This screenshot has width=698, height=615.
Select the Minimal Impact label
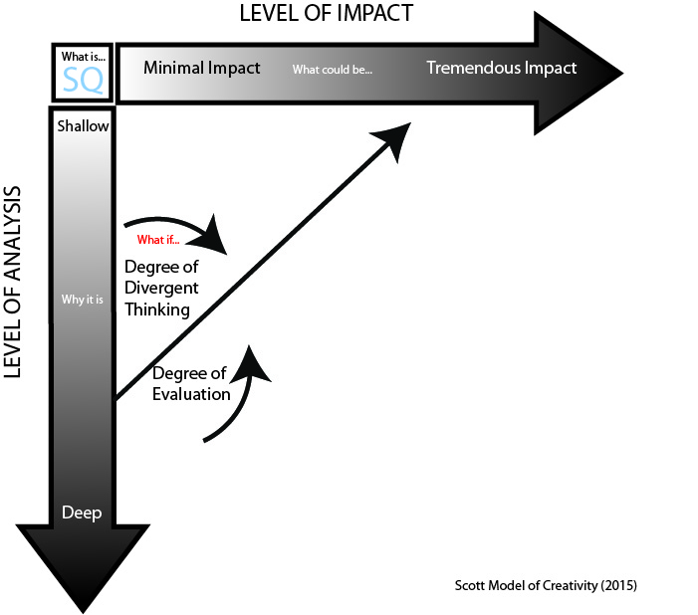(x=202, y=69)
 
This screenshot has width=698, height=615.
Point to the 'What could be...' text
(x=332, y=71)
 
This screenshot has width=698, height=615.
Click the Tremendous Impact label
(x=502, y=69)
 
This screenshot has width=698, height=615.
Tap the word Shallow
(x=83, y=126)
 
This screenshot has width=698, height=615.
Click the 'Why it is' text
(x=83, y=300)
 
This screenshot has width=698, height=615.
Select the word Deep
(x=82, y=512)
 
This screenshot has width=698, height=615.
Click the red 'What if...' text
(x=158, y=240)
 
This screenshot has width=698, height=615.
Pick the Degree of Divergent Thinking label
(x=161, y=288)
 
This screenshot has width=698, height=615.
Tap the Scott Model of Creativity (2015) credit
(x=546, y=585)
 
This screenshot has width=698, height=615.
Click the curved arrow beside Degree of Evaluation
(x=244, y=393)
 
